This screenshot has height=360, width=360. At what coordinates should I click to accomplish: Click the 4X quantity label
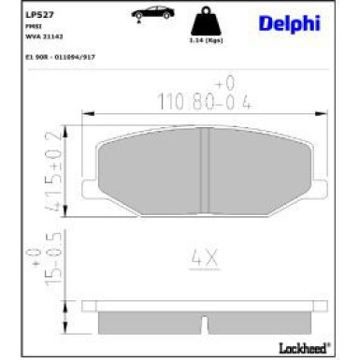tap(203, 254)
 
